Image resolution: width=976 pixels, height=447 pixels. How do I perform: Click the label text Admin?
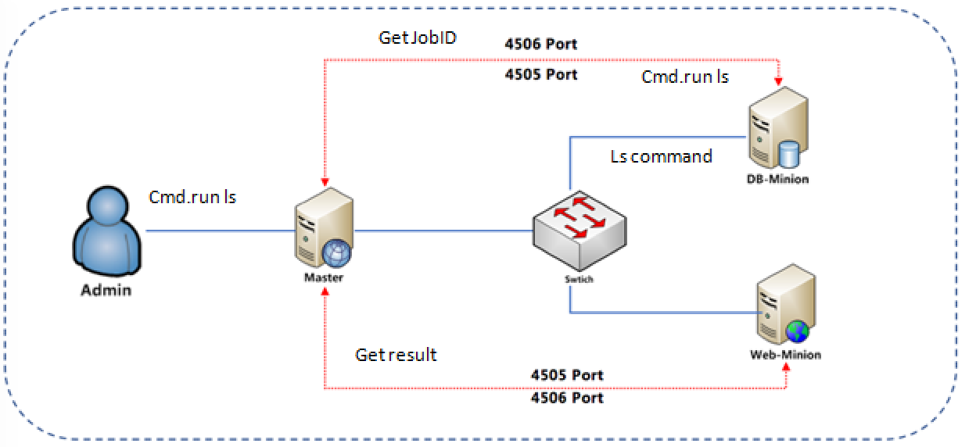tap(106, 291)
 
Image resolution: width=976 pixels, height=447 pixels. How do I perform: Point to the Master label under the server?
tap(323, 277)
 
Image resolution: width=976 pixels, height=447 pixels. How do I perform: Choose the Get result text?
tap(396, 355)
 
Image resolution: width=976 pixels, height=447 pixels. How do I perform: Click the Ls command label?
tap(661, 156)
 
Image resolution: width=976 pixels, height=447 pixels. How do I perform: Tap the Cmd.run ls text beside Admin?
tap(192, 197)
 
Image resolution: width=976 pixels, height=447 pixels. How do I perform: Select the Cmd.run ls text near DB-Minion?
tap(685, 77)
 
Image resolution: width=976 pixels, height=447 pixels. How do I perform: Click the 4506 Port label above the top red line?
tap(541, 44)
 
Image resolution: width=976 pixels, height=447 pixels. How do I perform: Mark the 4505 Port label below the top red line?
tap(541, 74)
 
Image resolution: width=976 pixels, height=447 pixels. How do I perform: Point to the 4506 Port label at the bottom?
tap(567, 398)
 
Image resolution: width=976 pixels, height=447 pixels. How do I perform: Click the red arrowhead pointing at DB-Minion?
tap(778, 79)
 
